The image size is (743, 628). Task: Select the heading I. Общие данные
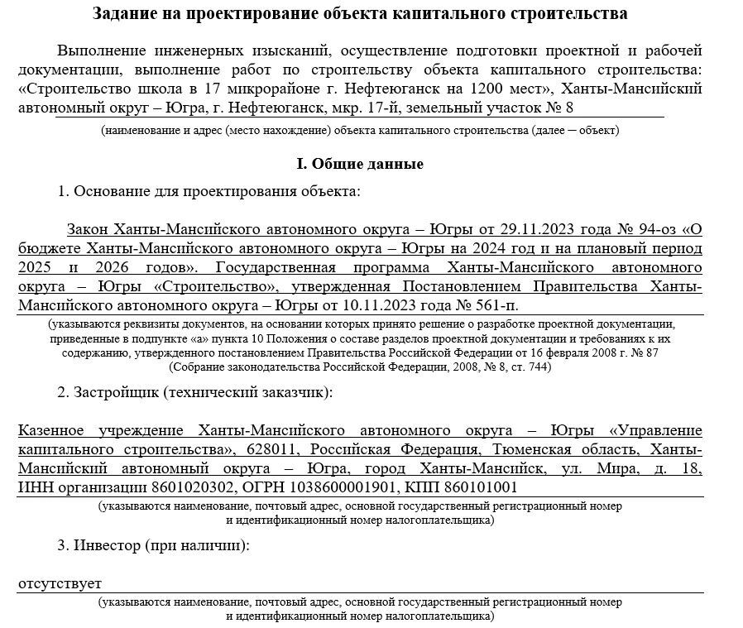click(360, 164)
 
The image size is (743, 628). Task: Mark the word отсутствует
click(60, 584)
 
